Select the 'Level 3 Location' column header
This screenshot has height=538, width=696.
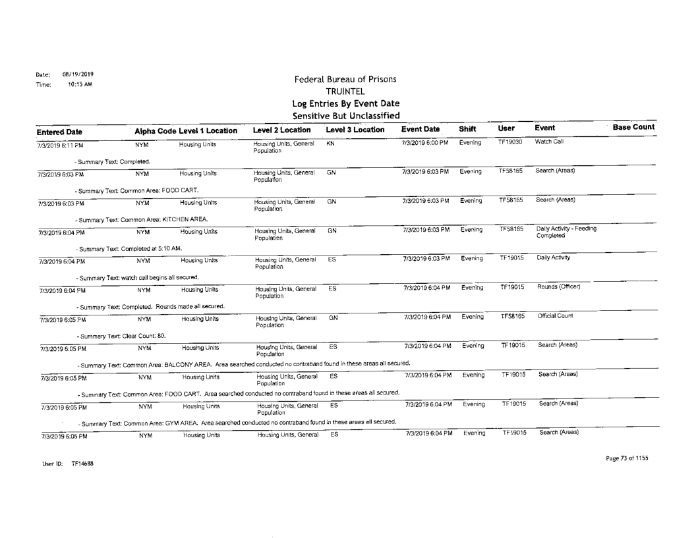pos(355,128)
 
